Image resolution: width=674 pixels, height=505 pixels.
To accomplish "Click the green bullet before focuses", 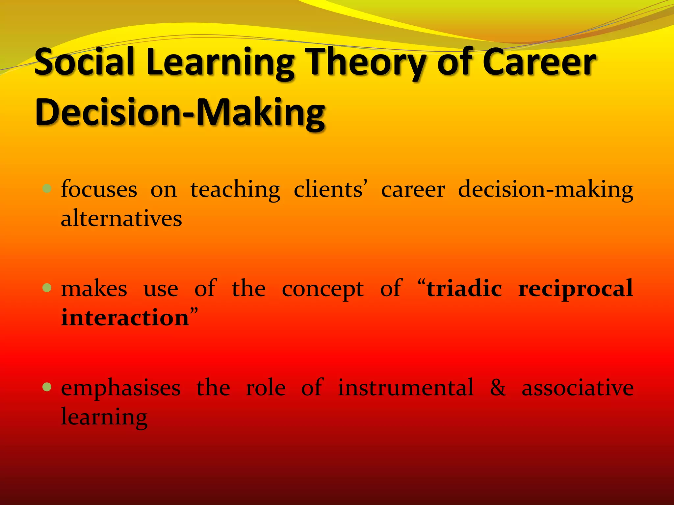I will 47,189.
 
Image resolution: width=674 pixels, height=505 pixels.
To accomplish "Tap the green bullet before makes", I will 47,288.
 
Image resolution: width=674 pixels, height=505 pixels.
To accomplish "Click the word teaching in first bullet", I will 235,190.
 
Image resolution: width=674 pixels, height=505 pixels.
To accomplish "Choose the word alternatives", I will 121,219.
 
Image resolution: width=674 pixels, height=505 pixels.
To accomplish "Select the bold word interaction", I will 125,318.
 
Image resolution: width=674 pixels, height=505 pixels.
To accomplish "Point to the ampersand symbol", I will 498,387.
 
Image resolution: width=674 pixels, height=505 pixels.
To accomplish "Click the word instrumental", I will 406,387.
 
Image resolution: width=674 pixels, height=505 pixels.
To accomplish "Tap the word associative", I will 578,387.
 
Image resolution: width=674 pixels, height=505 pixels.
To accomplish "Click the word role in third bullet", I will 266,387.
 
